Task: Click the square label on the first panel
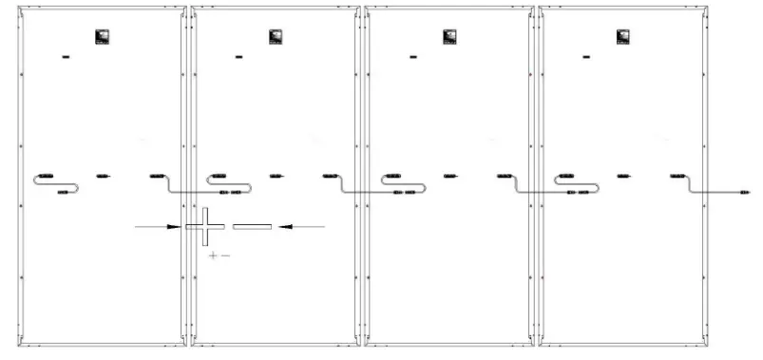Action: coord(103,37)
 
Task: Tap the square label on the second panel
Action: coord(276,37)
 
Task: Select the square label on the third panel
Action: coord(449,37)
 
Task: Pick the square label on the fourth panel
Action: coord(623,37)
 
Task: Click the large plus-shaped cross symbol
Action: coord(205,226)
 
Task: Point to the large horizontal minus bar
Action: coord(252,226)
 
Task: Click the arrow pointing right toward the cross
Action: coord(158,226)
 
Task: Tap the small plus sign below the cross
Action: coord(213,256)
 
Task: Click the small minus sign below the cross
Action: coord(225,256)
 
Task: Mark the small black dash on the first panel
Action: coord(67,58)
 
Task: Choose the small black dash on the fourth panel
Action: coord(587,58)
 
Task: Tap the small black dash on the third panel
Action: coord(413,58)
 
